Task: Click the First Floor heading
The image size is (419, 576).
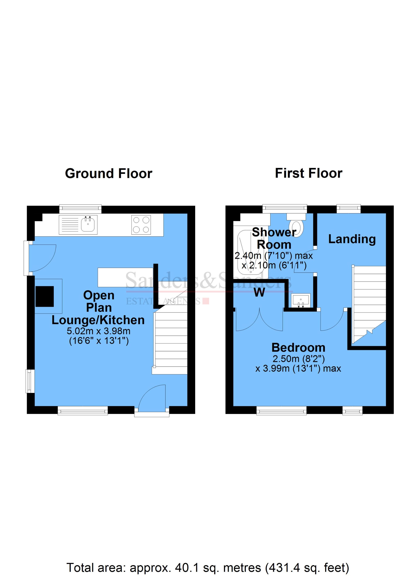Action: click(309, 173)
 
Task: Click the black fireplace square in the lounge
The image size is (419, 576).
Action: click(45, 296)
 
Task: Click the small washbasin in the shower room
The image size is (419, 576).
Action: click(301, 301)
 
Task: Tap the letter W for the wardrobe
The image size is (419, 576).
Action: click(259, 292)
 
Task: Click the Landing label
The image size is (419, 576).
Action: click(352, 239)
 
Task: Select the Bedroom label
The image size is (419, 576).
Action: click(298, 348)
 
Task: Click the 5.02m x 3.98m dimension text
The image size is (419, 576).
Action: click(99, 331)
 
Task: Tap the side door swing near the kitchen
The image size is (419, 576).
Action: click(41, 258)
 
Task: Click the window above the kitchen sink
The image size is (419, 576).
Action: click(80, 209)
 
